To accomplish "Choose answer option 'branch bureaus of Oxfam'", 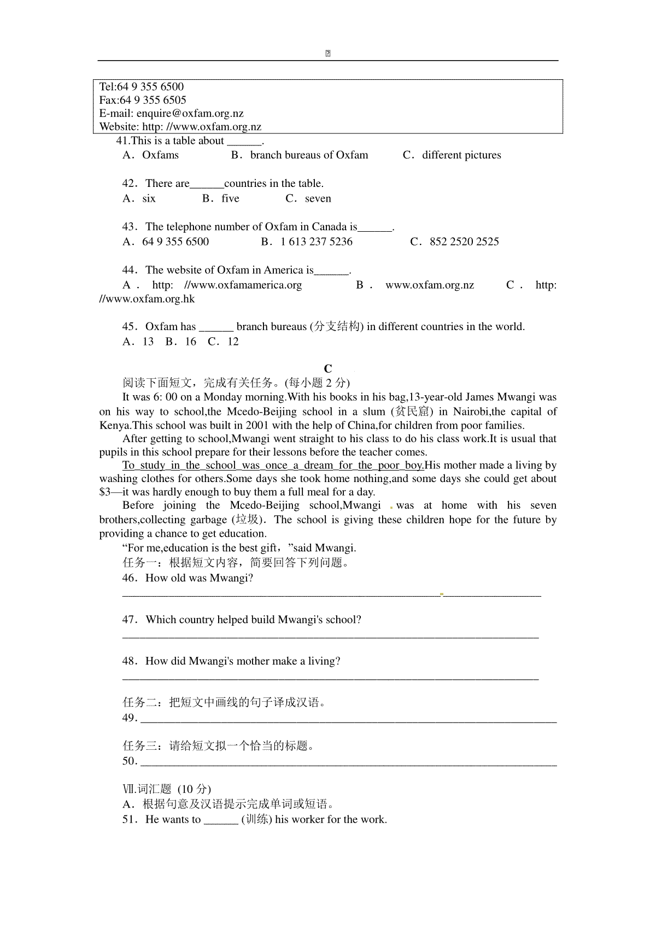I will click(x=309, y=155).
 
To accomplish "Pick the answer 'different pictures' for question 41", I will click(x=461, y=155).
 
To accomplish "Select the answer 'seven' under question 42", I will click(x=318, y=198).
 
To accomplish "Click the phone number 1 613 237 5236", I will click(x=317, y=242).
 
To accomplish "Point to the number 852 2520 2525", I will click(x=464, y=242).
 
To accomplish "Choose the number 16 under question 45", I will click(x=190, y=342).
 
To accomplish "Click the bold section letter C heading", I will click(x=328, y=368).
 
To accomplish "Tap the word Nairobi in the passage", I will click(x=471, y=412).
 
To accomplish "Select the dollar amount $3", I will click(x=105, y=492).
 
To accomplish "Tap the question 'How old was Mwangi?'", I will click(x=199, y=578).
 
